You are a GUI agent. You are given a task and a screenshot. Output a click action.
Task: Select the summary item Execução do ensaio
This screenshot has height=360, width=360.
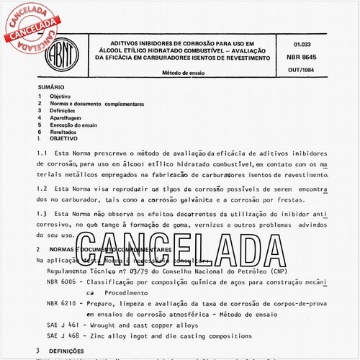tap(77, 125)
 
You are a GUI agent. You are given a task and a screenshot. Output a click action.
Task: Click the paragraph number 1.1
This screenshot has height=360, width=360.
tap(42, 154)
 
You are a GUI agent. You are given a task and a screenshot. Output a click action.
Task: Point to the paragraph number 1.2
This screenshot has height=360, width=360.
tap(42, 189)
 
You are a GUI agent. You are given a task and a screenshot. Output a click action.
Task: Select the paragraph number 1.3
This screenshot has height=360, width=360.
tap(42, 214)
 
